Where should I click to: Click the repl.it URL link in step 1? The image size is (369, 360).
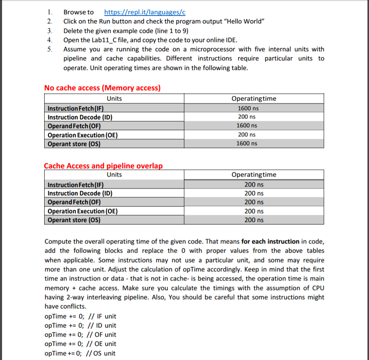click(144, 12)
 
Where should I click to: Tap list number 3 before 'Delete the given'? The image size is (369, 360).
click(49, 31)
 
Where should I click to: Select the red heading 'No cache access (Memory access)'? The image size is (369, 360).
click(102, 88)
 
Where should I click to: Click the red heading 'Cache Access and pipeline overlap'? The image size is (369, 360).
click(103, 166)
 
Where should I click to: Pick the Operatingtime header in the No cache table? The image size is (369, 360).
click(254, 99)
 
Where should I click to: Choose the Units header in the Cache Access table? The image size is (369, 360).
click(114, 175)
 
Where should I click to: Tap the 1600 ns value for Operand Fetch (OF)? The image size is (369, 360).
click(247, 126)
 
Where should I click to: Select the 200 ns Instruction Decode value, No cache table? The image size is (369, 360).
click(247, 117)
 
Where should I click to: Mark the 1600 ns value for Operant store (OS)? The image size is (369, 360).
click(247, 144)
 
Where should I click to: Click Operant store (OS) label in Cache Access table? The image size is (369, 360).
click(74, 220)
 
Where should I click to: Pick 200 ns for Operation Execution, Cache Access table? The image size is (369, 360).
click(254, 211)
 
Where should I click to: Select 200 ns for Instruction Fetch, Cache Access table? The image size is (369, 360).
click(254, 185)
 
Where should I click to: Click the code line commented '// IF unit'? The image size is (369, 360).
click(80, 316)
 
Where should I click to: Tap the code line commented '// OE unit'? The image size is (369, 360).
click(80, 344)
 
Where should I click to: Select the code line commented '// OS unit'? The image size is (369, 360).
click(80, 353)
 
